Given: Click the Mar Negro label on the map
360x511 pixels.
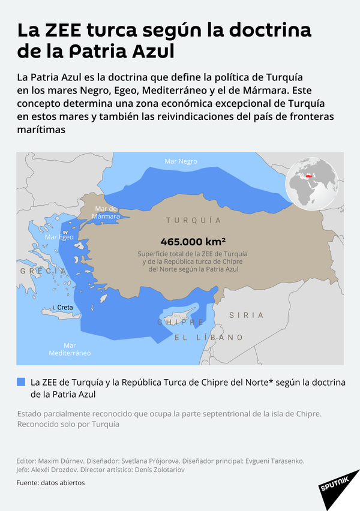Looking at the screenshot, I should (181, 161).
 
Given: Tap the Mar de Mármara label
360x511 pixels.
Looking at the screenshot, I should (106, 212).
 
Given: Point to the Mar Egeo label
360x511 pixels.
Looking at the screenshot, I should (59, 238).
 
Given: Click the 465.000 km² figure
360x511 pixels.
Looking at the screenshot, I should (193, 242).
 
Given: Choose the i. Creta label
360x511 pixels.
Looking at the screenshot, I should (62, 308).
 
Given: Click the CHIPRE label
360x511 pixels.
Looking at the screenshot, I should (181, 323).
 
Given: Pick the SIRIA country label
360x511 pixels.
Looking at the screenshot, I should (246, 315).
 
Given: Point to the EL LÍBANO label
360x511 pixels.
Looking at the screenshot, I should (208, 338).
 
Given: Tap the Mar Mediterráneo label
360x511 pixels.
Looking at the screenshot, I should (70, 349).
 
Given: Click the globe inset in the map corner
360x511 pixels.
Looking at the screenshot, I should (312, 181).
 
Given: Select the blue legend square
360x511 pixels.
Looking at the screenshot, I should (21, 382).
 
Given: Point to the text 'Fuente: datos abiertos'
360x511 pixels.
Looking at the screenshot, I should (50, 483).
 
